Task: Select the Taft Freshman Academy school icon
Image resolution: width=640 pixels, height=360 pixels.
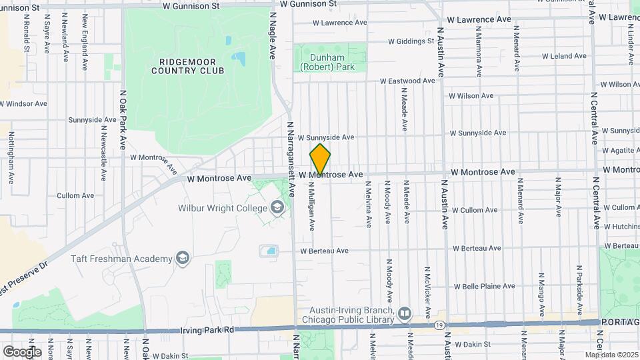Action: coord(182,258)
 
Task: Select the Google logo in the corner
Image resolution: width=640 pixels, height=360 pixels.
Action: coord(22,351)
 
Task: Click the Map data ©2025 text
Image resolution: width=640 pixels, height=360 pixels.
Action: coord(611,355)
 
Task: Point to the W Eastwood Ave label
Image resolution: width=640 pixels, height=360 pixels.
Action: coord(407,81)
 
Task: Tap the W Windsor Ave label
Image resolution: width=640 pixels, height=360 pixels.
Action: coord(24,104)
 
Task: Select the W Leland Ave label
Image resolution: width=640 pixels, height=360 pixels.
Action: coord(563,56)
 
